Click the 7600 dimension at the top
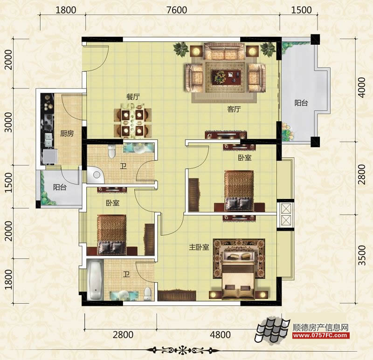click(177, 10)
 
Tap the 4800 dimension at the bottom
click(220, 334)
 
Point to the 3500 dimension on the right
click(362, 255)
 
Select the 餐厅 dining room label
click(133, 97)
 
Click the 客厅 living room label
click(234, 109)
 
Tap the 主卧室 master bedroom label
click(199, 247)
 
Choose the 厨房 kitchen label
click(67, 133)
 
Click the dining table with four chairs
click(132, 121)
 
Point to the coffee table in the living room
click(226, 77)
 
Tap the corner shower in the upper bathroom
click(95, 175)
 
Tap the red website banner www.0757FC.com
click(321, 335)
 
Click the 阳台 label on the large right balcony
click(301, 103)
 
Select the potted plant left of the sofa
click(181, 49)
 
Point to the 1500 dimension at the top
click(301, 10)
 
